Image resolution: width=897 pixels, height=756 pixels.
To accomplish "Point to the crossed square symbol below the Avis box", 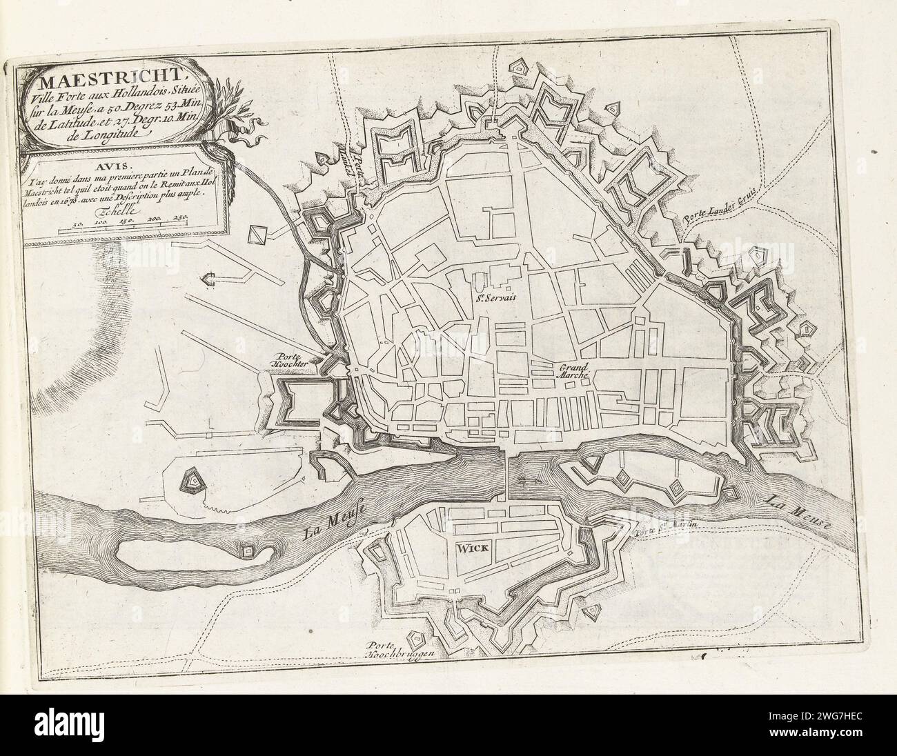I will [x=257, y=235].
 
